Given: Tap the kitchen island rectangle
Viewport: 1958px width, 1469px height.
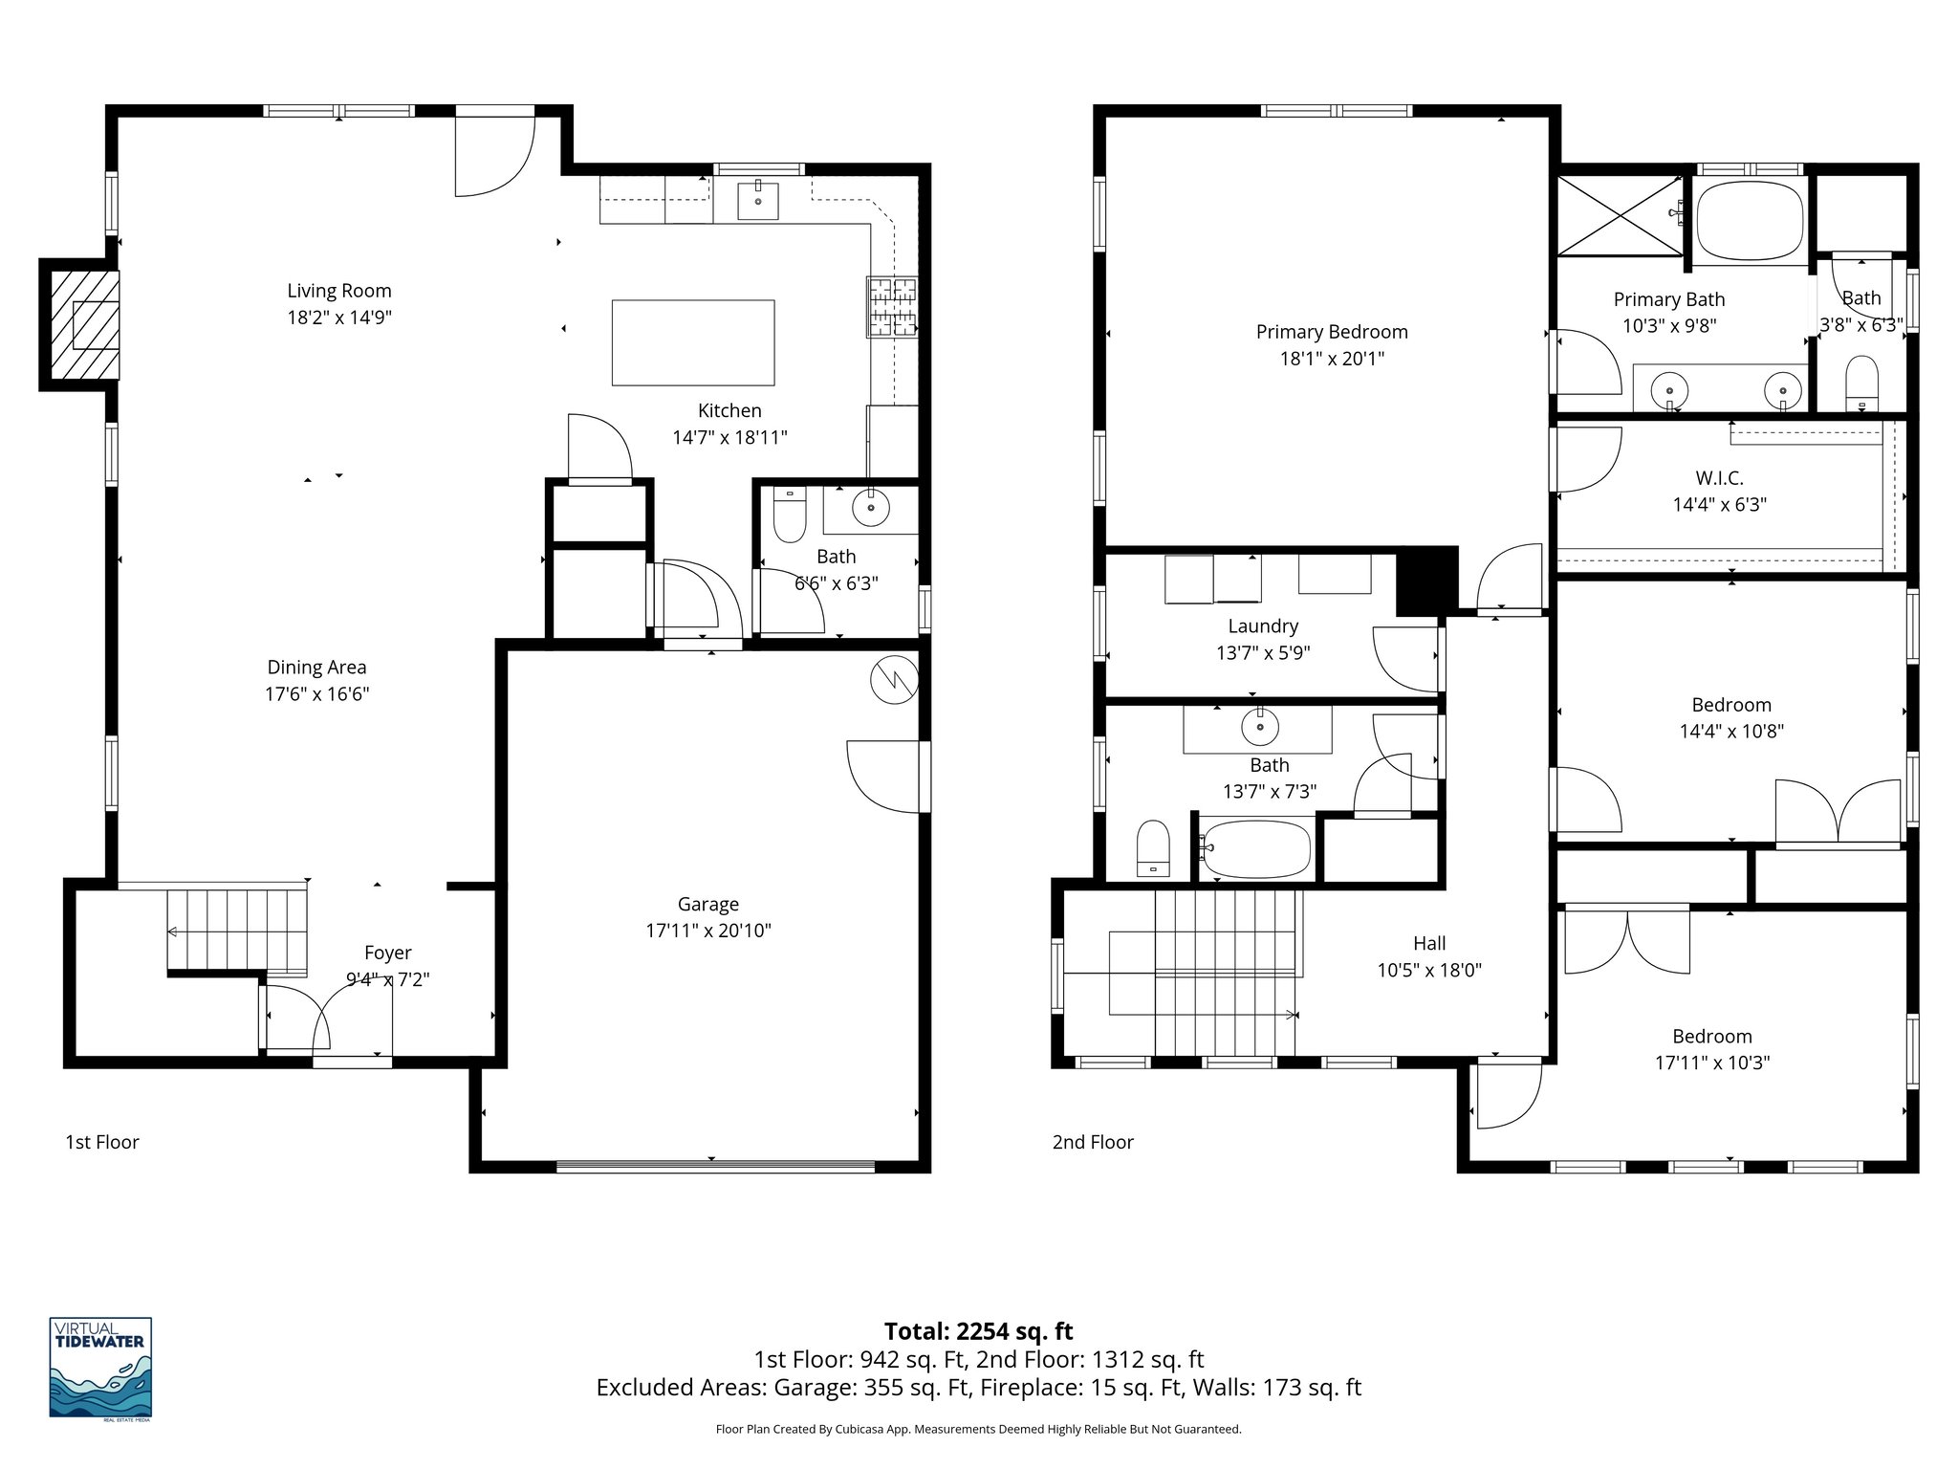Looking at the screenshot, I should pyautogui.click(x=692, y=342).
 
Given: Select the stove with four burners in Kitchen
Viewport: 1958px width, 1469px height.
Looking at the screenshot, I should pyautogui.click(x=891, y=306).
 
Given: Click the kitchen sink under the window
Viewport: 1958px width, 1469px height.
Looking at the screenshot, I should pyautogui.click(x=758, y=201).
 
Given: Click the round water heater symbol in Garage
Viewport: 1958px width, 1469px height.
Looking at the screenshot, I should pyautogui.click(x=894, y=680).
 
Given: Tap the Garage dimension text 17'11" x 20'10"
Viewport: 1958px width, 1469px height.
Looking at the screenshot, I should pyautogui.click(x=708, y=931).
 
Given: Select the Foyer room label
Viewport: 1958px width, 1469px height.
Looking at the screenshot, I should pyautogui.click(x=387, y=953).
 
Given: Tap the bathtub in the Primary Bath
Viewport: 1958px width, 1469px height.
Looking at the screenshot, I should pyautogui.click(x=1750, y=220).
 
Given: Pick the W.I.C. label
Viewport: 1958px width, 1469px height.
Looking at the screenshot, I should pyautogui.click(x=1719, y=478).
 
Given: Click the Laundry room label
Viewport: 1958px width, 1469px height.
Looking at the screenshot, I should pyautogui.click(x=1263, y=626).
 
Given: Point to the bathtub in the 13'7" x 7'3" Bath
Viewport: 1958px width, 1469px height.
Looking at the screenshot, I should pyautogui.click(x=1255, y=848).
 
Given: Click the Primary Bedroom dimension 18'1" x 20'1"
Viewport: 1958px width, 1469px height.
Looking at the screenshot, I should pyautogui.click(x=1332, y=359).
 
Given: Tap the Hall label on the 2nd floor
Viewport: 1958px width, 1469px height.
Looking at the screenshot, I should pyautogui.click(x=1429, y=943).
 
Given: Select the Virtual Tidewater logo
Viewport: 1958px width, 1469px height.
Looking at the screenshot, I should pyautogui.click(x=100, y=1368).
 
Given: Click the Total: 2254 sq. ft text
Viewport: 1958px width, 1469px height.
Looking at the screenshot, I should pyautogui.click(x=978, y=1331).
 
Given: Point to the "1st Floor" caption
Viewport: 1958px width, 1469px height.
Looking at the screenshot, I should pyautogui.click(x=102, y=1142).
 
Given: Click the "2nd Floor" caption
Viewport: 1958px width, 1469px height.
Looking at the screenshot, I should pyautogui.click(x=1093, y=1142).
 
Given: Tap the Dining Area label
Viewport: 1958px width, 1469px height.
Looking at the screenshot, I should pyautogui.click(x=316, y=668).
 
